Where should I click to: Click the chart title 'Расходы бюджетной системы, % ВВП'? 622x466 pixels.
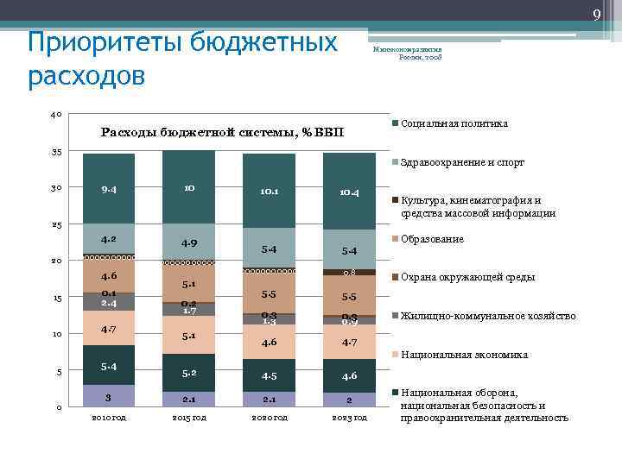[222, 132]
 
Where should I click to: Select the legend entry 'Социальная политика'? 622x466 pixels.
[454, 124]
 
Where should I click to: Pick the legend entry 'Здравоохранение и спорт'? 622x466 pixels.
[462, 162]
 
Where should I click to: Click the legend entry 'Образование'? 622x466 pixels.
[432, 239]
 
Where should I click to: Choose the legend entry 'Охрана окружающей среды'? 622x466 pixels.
[467, 277]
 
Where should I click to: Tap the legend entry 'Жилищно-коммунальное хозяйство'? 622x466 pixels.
[488, 316]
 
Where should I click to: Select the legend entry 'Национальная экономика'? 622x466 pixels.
[464, 355]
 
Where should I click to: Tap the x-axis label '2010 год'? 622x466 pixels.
[109, 418]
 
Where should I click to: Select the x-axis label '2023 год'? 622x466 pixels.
[349, 418]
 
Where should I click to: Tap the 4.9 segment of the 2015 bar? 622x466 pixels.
[189, 242]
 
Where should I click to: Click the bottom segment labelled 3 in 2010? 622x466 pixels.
[109, 397]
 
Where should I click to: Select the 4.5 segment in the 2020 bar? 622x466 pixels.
[269, 375]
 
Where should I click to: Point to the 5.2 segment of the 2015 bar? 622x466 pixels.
[189, 374]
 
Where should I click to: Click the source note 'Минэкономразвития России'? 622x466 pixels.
[408, 54]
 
